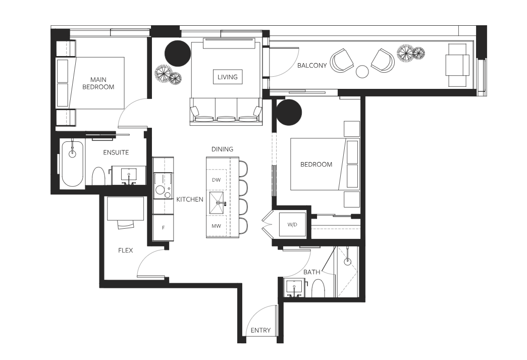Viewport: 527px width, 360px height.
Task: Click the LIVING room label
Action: (x=228, y=77)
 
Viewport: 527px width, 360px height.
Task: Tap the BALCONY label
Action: (x=312, y=66)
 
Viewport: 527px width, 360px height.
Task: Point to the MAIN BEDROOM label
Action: (x=98, y=83)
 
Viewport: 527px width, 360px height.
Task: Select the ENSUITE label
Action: (x=116, y=152)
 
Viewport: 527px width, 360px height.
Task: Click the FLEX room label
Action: (x=125, y=250)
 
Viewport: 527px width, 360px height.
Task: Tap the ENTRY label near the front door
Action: (x=260, y=330)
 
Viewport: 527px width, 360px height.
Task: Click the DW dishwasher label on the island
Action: (x=217, y=180)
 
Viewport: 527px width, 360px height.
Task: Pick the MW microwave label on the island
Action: (x=217, y=226)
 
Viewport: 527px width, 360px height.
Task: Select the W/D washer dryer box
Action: (x=292, y=224)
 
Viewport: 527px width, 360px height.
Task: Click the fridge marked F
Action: (x=164, y=228)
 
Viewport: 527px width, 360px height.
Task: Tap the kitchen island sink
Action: (x=217, y=203)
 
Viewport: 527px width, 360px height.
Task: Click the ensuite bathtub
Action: (x=72, y=165)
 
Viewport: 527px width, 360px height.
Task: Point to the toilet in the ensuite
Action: (x=98, y=176)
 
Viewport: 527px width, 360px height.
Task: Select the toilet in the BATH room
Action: (x=318, y=288)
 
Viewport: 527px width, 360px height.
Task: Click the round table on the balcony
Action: (x=362, y=72)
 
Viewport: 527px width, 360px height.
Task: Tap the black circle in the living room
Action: (x=178, y=54)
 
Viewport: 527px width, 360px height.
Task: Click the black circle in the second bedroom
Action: (x=289, y=112)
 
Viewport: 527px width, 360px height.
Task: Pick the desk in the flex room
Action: (x=125, y=209)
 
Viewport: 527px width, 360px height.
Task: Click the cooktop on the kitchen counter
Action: (x=164, y=185)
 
